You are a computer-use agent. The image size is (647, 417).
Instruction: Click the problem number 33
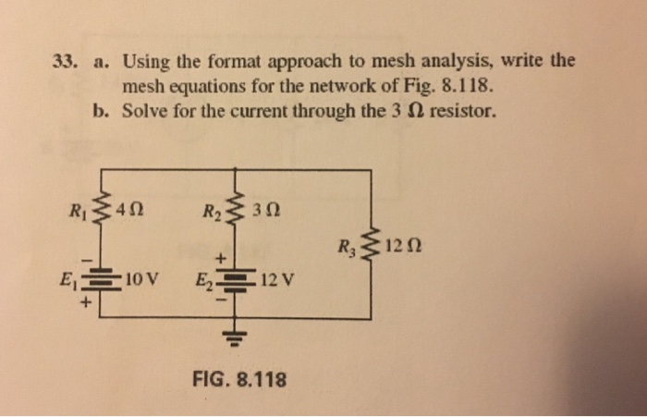63,63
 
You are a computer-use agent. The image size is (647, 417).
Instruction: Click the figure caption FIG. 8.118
238,379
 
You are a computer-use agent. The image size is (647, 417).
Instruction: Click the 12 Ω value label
395,247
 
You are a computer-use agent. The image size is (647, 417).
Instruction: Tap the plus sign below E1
91,299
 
